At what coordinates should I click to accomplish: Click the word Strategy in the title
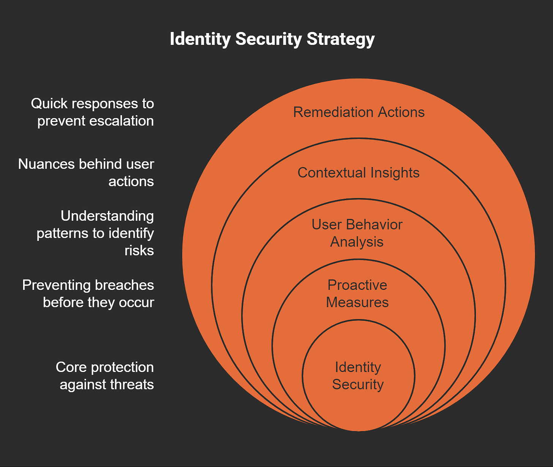pos(341,39)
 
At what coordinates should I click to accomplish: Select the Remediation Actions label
pos(359,112)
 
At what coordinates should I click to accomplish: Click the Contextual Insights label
pos(358,173)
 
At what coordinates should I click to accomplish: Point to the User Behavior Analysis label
pos(357,233)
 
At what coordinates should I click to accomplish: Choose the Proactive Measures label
pos(357,293)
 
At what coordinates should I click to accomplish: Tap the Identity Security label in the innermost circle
pos(358,375)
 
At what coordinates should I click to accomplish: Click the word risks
pos(139,250)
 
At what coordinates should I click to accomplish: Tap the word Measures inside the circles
pos(357,302)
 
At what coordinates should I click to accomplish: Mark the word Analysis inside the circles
pos(357,242)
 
